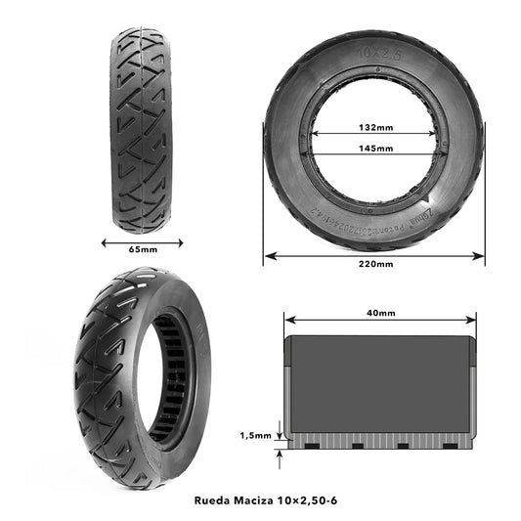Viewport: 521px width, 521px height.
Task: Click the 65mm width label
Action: [143, 250]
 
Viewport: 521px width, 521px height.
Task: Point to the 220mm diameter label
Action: [375, 264]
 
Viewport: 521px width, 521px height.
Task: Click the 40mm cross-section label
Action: [382, 313]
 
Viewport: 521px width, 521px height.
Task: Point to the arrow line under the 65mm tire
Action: [143, 238]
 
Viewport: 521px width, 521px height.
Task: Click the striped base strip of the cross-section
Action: [379, 438]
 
